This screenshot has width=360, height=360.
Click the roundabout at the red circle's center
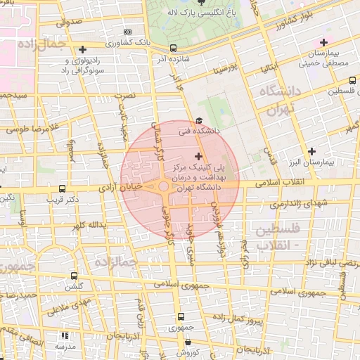(163, 186)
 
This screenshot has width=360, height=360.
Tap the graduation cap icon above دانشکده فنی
(199, 121)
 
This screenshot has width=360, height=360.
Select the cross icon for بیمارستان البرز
(312, 151)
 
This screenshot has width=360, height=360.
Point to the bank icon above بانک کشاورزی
(127, 32)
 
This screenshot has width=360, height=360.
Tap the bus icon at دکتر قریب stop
(63, 189)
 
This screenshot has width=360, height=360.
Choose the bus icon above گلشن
(75, 276)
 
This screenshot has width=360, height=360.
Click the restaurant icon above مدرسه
(66, 336)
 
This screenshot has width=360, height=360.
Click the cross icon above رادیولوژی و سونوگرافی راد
(83, 49)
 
